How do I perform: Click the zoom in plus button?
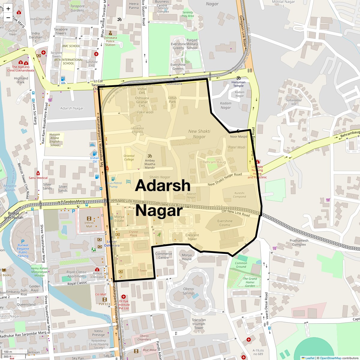(x=8, y=8)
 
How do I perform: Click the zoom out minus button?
(x=8, y=17)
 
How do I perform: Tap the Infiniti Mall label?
(x=89, y=224)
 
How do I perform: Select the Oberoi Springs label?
(x=189, y=291)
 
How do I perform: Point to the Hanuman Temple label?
(x=238, y=84)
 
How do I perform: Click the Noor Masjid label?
(x=238, y=136)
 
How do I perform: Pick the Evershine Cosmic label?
(x=225, y=223)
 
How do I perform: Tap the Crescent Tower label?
(x=192, y=237)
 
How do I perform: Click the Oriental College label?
(x=129, y=157)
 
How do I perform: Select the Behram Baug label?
(x=214, y=162)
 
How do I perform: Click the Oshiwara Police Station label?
(x=110, y=41)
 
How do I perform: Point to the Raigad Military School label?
(x=192, y=44)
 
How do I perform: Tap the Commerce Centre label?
(x=163, y=256)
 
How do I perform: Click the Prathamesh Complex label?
(x=299, y=242)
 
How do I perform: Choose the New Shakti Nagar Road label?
(x=225, y=179)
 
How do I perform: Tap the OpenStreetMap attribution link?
(x=330, y=358)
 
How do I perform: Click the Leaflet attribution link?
(x=310, y=358)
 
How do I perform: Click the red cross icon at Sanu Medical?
(x=38, y=173)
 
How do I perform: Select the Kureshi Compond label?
(x=239, y=195)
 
